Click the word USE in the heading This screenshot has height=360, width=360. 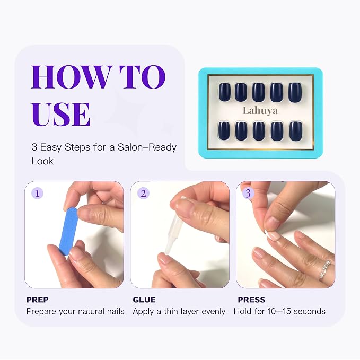tap(61, 114)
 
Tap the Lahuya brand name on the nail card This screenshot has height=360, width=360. tap(260, 111)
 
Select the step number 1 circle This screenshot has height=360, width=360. tap(37, 194)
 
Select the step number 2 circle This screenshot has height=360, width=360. tap(143, 194)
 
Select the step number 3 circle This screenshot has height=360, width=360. tap(248, 194)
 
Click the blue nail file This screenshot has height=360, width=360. tap(68, 231)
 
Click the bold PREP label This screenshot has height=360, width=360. tap(38, 300)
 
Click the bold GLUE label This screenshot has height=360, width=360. tap(144, 300)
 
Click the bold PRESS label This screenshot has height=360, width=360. tap(251, 300)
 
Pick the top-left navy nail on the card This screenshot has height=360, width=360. tap(224, 92)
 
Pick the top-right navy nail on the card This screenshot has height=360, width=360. tap(295, 92)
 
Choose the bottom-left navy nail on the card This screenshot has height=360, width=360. tap(224, 130)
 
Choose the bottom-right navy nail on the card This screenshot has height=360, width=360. tap(296, 131)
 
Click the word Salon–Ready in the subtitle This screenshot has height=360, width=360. tap(147, 147)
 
